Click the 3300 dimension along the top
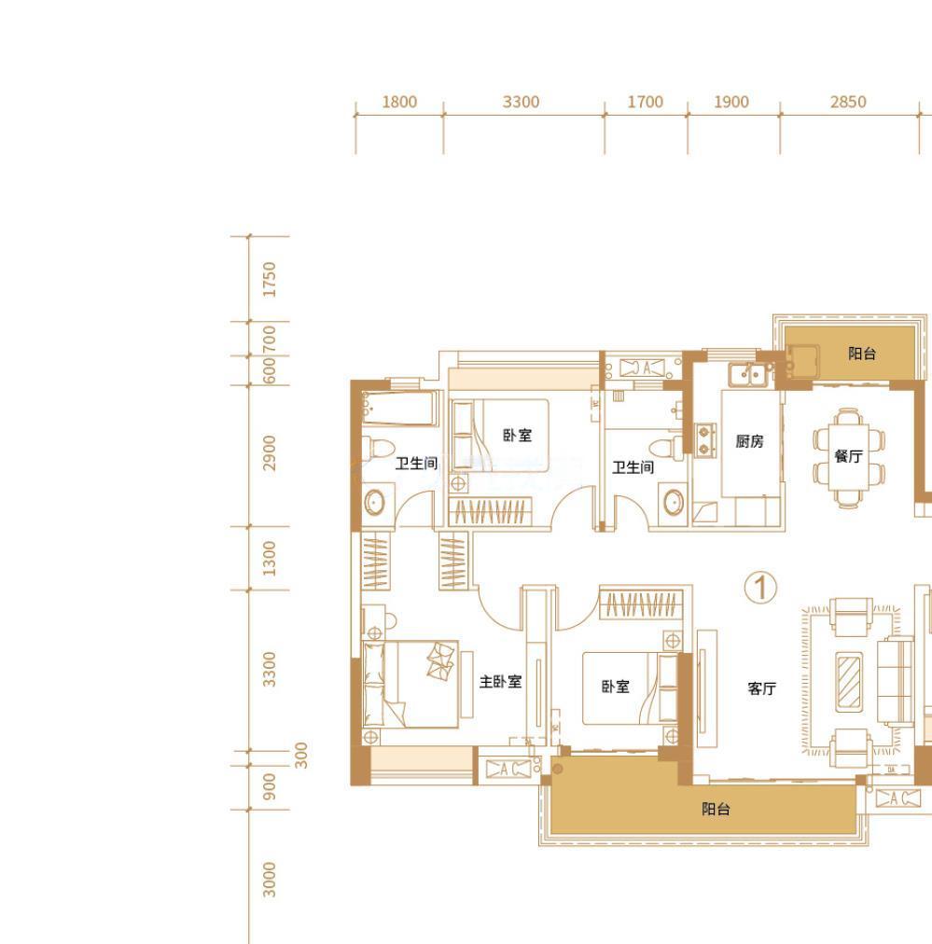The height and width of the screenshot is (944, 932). click(x=521, y=102)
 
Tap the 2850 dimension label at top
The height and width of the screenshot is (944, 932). click(x=848, y=102)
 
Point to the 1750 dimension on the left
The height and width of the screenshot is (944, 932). click(x=269, y=279)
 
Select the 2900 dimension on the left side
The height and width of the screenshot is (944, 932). click(x=269, y=452)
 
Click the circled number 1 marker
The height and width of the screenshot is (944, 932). click(x=760, y=588)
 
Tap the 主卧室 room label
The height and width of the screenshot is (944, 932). click(x=500, y=682)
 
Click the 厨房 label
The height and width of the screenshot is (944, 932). click(x=749, y=441)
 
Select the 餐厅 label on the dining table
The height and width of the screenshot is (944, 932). click(x=848, y=456)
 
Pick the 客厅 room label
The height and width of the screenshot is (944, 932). click(x=761, y=688)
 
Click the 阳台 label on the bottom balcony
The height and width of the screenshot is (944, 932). click(x=716, y=809)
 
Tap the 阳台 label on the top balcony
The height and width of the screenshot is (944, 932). click(x=861, y=354)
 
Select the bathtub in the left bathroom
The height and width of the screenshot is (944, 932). click(x=398, y=409)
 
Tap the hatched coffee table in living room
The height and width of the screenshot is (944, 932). click(x=849, y=682)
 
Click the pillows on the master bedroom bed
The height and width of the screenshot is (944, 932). click(x=440, y=660)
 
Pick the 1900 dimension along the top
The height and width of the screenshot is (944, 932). click(x=731, y=102)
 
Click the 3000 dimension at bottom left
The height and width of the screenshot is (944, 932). click(x=269, y=880)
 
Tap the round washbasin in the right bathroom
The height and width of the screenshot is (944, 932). click(x=674, y=502)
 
